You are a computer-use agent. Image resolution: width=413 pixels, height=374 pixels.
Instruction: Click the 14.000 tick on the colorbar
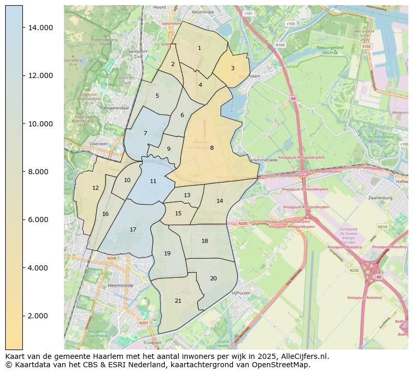40,28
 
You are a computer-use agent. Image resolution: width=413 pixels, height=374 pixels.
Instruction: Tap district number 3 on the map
233,68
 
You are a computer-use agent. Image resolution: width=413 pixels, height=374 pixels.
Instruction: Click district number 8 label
212,148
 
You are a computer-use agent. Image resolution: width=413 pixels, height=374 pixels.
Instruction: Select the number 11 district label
153,181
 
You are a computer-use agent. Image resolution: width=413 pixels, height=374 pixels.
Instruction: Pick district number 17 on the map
133,229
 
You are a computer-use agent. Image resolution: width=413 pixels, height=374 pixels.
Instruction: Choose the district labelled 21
178,301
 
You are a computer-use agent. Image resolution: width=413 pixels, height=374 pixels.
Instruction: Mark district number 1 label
199,48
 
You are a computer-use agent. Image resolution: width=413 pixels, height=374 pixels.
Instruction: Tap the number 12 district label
95,188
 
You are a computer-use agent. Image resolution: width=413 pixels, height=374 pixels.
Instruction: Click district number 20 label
213,278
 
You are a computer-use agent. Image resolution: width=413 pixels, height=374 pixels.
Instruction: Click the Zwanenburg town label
394,198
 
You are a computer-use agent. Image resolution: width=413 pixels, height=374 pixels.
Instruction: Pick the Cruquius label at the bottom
151,343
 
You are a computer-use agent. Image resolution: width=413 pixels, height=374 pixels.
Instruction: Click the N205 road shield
243,223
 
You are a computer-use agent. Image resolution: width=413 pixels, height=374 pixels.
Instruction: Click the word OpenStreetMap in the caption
285,365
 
